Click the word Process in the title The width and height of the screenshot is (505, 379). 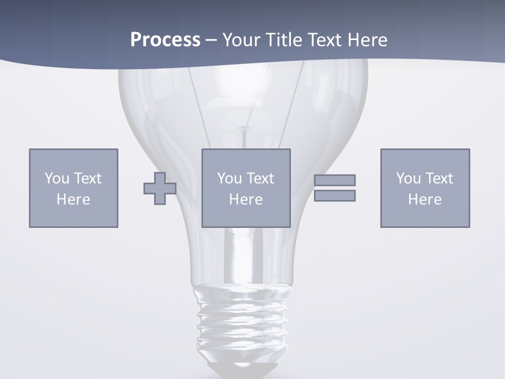165,40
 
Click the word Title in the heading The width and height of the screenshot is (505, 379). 284,40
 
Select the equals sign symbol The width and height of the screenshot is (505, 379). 335,188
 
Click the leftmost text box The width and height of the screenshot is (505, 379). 74,188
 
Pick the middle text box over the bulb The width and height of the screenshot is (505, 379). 246,188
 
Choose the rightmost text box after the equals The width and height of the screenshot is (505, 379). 425,188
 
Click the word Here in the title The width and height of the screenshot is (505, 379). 366,40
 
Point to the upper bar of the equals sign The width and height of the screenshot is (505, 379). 335,180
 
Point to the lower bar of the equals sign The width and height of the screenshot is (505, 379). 335,196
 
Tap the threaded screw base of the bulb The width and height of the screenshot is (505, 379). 243,321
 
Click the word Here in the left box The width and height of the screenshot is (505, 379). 74,200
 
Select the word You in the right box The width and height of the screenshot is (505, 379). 408,178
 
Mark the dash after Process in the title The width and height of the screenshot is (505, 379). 211,40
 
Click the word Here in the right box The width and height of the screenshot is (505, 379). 425,200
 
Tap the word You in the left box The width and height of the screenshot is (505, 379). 57,178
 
